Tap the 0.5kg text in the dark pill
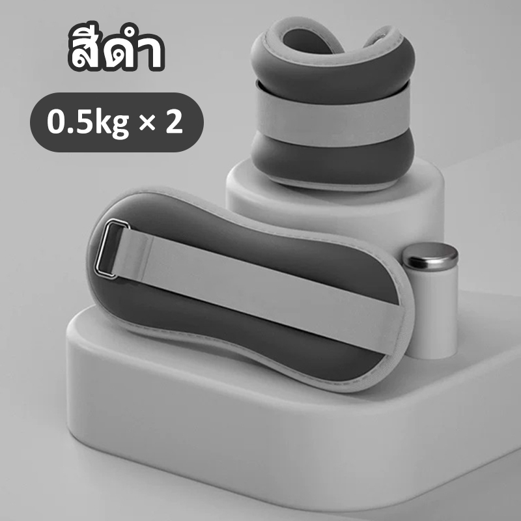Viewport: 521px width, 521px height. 88,122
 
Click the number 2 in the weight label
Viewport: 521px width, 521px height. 174,121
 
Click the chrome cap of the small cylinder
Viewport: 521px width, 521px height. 430,255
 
